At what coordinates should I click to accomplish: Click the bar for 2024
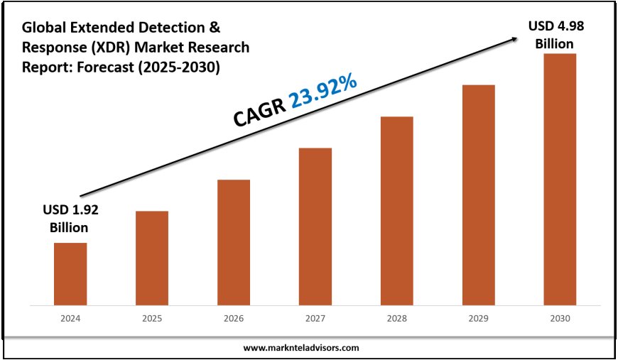pyautogui.click(x=70, y=273)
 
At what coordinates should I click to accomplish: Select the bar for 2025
pyautogui.click(x=152, y=258)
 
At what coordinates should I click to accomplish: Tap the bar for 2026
pyautogui.click(x=234, y=242)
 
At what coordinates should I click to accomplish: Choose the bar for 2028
pyautogui.click(x=397, y=210)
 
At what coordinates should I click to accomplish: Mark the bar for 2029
pyautogui.click(x=479, y=195)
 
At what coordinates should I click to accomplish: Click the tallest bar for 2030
pyautogui.click(x=560, y=179)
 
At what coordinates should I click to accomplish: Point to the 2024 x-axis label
pyautogui.click(x=70, y=320)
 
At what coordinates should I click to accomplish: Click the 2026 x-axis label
pyautogui.click(x=234, y=320)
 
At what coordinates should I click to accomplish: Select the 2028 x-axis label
pyautogui.click(x=397, y=320)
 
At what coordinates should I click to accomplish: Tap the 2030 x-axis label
pyautogui.click(x=560, y=320)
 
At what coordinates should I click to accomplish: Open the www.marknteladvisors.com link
pyautogui.click(x=301, y=348)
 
